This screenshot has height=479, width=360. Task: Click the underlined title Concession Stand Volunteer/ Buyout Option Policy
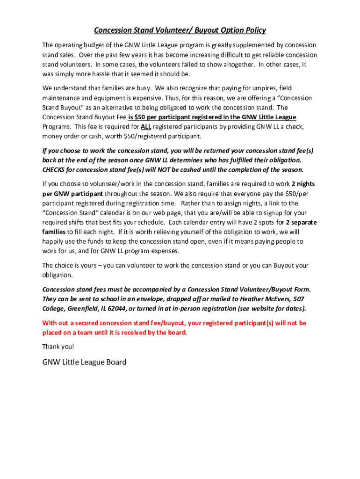click(x=180, y=30)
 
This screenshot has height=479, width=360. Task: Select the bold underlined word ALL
click(x=145, y=126)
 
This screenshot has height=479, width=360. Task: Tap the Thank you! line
click(x=58, y=347)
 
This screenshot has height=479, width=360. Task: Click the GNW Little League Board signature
click(x=84, y=362)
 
